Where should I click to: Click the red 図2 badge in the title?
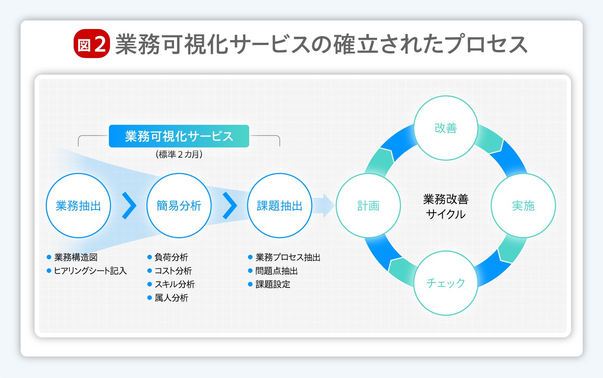92,44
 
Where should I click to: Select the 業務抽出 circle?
78,205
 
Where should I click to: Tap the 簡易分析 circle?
179,205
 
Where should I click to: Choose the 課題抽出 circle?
279,205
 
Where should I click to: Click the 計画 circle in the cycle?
368,205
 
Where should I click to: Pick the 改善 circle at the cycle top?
445,128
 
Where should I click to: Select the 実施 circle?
523,205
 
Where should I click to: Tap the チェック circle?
445,283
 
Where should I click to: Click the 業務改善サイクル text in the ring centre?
445,206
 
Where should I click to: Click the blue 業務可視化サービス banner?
179,136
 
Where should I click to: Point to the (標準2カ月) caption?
179,154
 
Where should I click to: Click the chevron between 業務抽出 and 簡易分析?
129,205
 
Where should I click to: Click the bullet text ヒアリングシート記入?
90,271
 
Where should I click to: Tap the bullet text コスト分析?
173,271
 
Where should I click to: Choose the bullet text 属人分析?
171,298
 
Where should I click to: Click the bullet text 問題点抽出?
276,271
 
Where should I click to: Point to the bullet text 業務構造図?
76,257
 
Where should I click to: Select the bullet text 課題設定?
272,284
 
